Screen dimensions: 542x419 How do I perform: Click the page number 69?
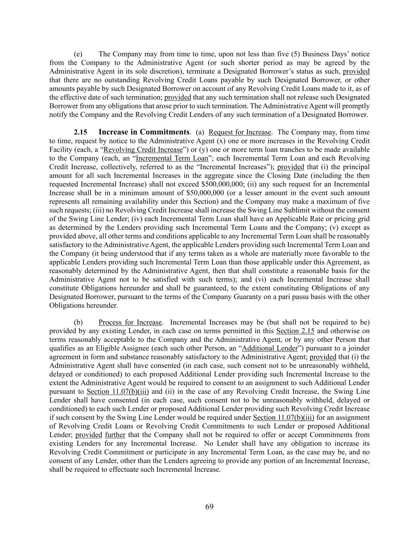point(209,507)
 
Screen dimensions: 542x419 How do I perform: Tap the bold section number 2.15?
point(81,132)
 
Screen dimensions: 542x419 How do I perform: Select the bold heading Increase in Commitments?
point(144,132)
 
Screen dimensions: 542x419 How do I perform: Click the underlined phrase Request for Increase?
point(240,132)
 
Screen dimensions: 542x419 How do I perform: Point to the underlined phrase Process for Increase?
point(130,322)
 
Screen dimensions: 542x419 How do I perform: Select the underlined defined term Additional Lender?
point(270,348)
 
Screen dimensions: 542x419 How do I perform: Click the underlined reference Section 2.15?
point(295,331)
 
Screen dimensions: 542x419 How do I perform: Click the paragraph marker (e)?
point(78,54)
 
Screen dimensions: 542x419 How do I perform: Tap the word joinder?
point(358,348)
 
